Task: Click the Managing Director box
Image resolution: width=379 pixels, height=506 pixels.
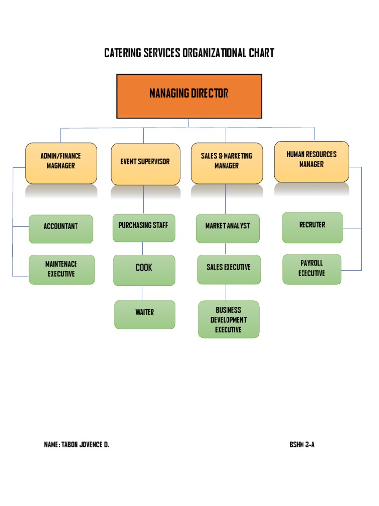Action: [189, 96]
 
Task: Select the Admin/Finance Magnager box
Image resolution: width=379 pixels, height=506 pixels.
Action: [61, 163]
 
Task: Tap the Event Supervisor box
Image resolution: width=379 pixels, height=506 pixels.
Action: [145, 164]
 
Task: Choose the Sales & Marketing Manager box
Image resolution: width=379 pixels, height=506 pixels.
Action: [227, 163]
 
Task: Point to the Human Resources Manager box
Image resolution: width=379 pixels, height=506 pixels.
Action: [311, 161]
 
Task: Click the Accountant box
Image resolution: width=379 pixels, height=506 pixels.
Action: [61, 229]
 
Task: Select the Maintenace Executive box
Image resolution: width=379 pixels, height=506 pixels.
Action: [61, 269]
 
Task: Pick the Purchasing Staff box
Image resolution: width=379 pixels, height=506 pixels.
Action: [143, 227]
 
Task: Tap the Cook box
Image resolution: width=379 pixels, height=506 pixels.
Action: [144, 270]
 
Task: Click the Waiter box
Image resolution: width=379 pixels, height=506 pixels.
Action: [145, 314]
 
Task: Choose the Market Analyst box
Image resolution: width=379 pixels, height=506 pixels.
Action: [227, 228]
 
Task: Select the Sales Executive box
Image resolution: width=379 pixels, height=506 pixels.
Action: [228, 269]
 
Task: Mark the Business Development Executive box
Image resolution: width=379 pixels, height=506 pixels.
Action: [228, 319]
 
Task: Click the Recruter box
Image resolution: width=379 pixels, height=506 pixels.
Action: [312, 227]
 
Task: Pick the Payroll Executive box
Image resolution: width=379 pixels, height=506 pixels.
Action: [312, 269]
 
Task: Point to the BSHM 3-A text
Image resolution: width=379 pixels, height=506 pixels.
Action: [302, 445]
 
